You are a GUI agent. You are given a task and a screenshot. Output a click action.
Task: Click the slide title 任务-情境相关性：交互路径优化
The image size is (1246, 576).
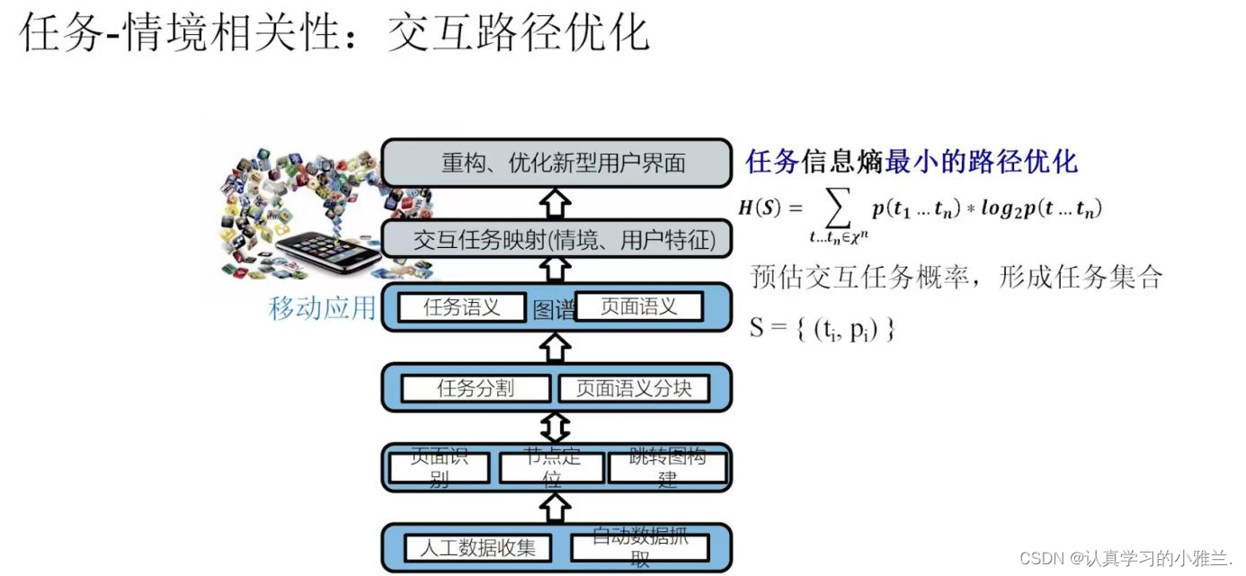334,32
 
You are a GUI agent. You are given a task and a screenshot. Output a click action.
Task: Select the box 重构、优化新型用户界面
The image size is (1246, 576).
556,163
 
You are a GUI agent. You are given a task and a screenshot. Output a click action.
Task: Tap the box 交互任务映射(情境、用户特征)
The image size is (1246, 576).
556,240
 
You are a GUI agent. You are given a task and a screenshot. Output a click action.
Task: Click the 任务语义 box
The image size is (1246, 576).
462,307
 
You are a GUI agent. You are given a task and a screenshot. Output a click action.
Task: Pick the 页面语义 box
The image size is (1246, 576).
638,307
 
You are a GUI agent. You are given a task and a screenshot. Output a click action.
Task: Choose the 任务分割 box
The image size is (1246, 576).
476,388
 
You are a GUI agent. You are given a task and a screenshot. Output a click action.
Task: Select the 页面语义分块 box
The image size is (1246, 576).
634,388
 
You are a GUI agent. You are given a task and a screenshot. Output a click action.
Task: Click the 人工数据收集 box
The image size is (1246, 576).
477,547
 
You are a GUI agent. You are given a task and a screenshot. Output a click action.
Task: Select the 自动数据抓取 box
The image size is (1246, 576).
640,547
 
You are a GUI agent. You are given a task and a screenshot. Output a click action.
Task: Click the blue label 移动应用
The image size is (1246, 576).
322,308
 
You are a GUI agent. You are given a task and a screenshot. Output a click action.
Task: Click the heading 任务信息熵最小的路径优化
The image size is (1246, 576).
911,162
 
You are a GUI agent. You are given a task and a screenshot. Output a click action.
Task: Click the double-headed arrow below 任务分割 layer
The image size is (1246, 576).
557,427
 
